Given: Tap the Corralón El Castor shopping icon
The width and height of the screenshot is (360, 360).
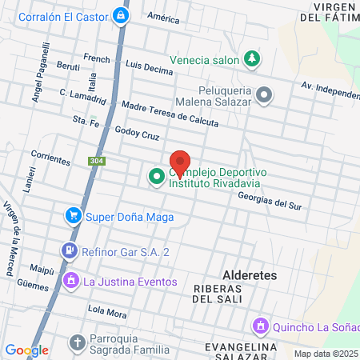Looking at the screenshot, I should [x=120, y=15].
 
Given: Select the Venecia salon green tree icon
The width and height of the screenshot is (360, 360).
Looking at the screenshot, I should [x=252, y=58].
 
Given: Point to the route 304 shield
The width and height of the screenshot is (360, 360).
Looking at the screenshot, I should [x=95, y=162].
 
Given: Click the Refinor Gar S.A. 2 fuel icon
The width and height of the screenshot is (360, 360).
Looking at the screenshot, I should [x=70, y=251].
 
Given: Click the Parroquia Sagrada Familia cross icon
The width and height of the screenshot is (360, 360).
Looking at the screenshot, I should [x=78, y=342].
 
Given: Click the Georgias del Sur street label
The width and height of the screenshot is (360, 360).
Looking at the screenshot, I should [x=270, y=203].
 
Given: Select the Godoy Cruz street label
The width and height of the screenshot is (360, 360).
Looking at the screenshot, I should [x=138, y=133].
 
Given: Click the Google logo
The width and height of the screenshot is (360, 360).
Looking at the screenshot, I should [x=26, y=350].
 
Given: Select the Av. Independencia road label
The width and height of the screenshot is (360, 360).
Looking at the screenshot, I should [x=329, y=88].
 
